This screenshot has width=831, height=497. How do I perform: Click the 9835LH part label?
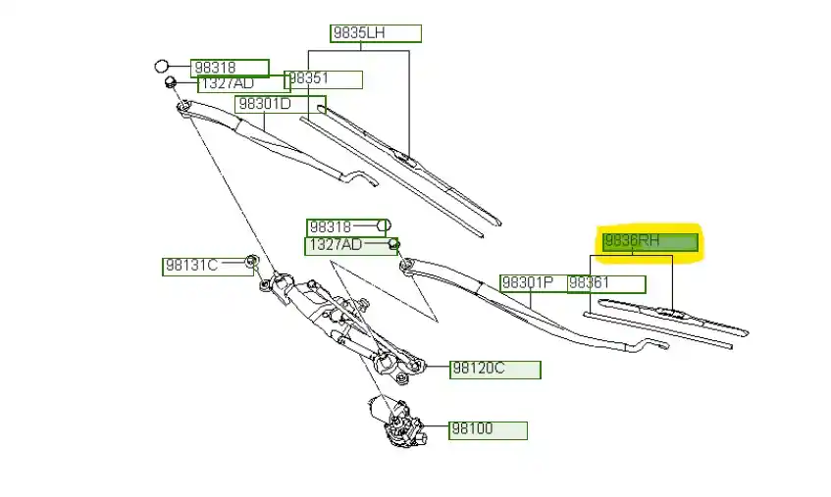click(x=376, y=33)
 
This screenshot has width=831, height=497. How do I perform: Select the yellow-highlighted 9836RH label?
click(x=650, y=241)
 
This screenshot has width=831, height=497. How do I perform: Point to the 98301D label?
click(x=280, y=104)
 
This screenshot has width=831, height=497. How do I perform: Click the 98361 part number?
click(x=605, y=284)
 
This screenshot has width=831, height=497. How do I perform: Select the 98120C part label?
click(x=494, y=370)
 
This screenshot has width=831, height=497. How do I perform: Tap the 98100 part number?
click(x=488, y=429)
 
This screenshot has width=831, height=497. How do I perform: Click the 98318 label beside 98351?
click(x=230, y=68)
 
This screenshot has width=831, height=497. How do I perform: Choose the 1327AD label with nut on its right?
click(x=347, y=245)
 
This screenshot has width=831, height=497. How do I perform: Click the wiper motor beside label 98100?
click(x=396, y=422)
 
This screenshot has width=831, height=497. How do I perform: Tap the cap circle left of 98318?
click(x=163, y=67)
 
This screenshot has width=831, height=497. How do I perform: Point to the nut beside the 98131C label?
click(x=251, y=262)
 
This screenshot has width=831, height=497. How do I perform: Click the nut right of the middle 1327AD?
click(x=393, y=244)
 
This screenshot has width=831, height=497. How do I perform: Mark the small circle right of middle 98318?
click(x=385, y=225)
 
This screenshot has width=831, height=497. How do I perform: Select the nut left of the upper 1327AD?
click(x=171, y=82)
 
